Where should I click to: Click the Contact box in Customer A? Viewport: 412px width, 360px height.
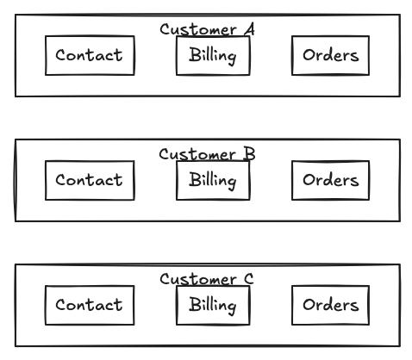point(90,55)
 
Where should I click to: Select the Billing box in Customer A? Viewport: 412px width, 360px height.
point(213,55)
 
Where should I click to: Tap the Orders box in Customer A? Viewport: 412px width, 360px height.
point(330,55)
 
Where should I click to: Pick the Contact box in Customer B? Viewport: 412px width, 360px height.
point(90,180)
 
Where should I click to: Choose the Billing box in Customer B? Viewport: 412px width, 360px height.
point(213,180)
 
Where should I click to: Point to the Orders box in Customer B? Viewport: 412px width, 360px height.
point(330,180)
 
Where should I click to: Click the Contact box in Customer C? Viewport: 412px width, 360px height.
point(90,305)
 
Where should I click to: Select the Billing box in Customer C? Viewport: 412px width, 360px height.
point(213,305)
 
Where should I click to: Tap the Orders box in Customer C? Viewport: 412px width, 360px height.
point(330,305)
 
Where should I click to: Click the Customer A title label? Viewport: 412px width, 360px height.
point(207,30)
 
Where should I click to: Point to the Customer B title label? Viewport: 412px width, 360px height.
point(207,155)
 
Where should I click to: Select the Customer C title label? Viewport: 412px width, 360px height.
point(207,280)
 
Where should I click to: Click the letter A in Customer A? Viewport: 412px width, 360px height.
point(248,30)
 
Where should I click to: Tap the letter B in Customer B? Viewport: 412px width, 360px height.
point(248,155)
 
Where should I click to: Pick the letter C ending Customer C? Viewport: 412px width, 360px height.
point(248,280)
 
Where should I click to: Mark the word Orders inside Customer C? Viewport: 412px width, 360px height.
point(330,305)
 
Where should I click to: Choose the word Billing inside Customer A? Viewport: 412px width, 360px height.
point(213,55)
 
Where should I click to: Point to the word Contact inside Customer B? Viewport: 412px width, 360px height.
point(90,180)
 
